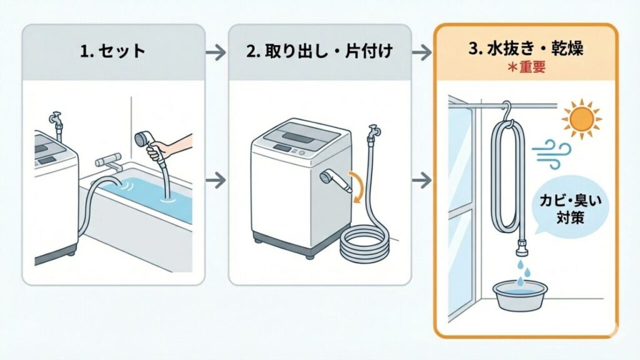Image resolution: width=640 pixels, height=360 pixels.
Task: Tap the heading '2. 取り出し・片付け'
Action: click(319, 51)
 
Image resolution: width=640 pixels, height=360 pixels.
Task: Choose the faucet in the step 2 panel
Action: click(374, 133)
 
